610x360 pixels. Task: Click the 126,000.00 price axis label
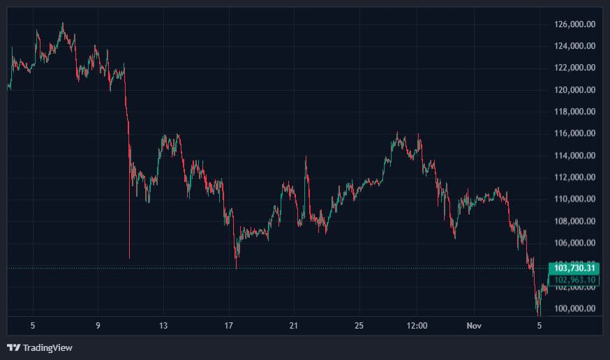click(574, 24)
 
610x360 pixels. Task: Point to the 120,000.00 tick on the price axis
click(574, 90)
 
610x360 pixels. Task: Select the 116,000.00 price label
click(574, 133)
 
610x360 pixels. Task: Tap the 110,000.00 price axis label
click(574, 199)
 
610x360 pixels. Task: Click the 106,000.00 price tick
click(574, 243)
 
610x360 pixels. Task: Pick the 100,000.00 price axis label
click(574, 308)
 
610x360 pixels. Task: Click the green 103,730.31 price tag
click(574, 268)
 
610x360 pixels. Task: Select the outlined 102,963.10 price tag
click(574, 280)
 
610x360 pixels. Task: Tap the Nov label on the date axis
click(474, 325)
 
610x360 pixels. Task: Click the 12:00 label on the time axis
click(417, 325)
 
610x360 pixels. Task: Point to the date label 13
click(163, 325)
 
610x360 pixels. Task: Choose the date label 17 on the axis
click(229, 325)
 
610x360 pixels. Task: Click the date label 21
click(294, 325)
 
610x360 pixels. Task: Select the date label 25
click(359, 325)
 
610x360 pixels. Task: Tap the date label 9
click(98, 325)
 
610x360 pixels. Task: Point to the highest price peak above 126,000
click(63, 23)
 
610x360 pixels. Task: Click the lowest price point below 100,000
click(538, 315)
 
